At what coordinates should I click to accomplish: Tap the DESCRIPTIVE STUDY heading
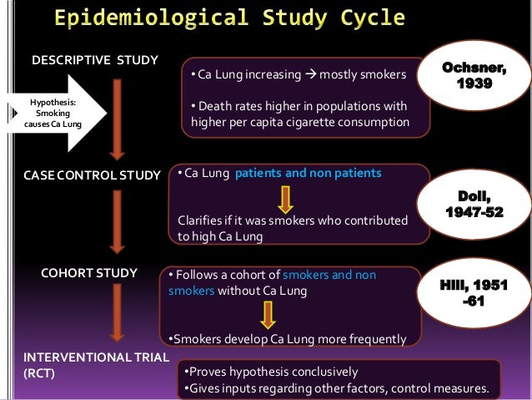[93, 61]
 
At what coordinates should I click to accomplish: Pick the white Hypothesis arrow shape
[54, 114]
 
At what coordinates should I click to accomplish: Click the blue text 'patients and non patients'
[309, 174]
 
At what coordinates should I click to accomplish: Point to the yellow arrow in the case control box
[285, 199]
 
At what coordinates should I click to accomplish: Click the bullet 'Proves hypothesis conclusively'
[270, 372]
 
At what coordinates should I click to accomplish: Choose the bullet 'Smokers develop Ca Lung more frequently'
[288, 340]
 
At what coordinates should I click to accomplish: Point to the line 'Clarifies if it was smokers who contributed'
[294, 220]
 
